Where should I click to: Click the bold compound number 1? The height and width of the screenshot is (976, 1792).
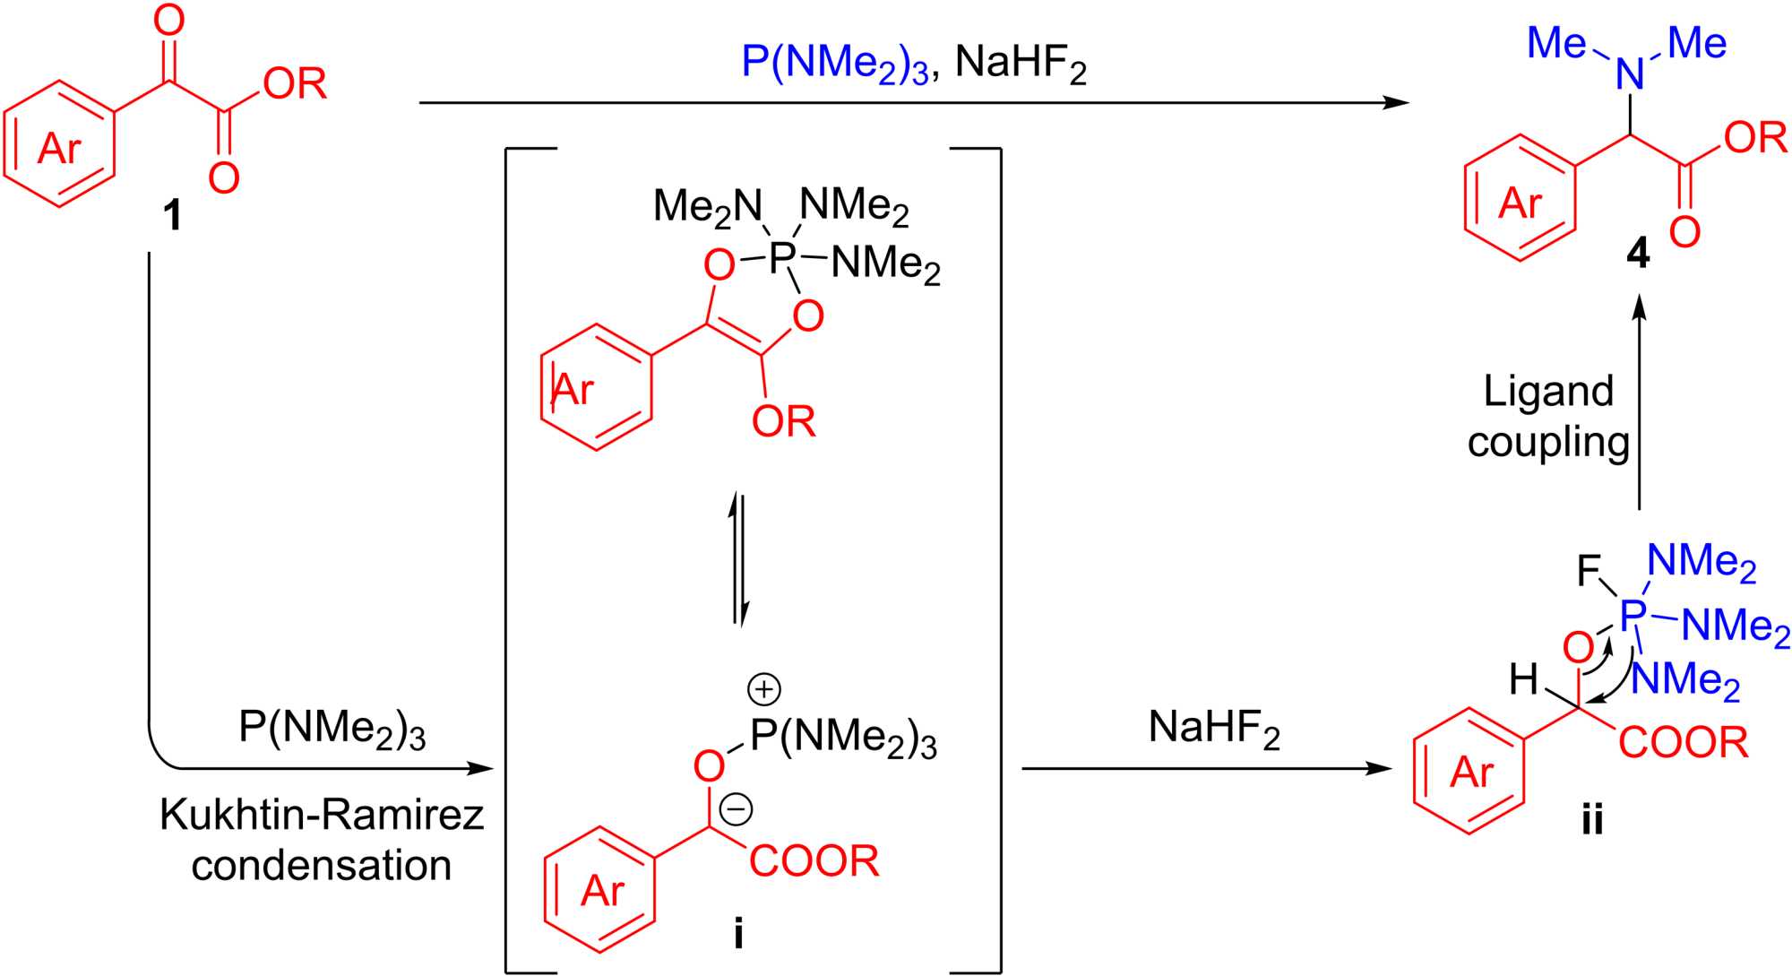pyautogui.click(x=172, y=216)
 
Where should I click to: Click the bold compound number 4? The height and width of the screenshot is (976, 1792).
pyautogui.click(x=1637, y=256)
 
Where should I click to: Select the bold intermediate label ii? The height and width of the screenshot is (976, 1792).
pyautogui.click(x=1592, y=819)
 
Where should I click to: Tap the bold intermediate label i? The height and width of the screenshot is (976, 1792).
pyautogui.click(x=737, y=934)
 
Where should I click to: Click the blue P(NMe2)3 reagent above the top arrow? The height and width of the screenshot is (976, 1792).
pyautogui.click(x=835, y=65)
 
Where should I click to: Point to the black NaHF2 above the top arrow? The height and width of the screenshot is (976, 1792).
pyautogui.click(x=1021, y=65)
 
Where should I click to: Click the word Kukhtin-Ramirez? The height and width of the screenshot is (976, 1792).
pyautogui.click(x=322, y=815)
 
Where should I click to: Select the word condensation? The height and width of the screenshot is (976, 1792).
pyautogui.click(x=322, y=866)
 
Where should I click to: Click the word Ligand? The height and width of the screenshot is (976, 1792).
pyautogui.click(x=1548, y=392)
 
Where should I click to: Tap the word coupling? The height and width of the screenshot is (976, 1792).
pyautogui.click(x=1548, y=443)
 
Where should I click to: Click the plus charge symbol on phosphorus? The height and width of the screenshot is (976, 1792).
pyautogui.click(x=764, y=688)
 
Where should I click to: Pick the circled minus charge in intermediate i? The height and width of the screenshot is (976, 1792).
pyautogui.click(x=737, y=809)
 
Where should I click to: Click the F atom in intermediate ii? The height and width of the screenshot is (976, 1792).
pyautogui.click(x=1590, y=570)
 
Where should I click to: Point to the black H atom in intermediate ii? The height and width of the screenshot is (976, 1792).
pyautogui.click(x=1524, y=680)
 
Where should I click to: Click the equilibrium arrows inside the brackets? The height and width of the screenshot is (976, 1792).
pyautogui.click(x=737, y=557)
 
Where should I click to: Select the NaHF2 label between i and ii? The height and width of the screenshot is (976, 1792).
pyautogui.click(x=1214, y=728)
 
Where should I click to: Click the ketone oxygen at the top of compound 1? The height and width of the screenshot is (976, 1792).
pyautogui.click(x=168, y=22)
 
